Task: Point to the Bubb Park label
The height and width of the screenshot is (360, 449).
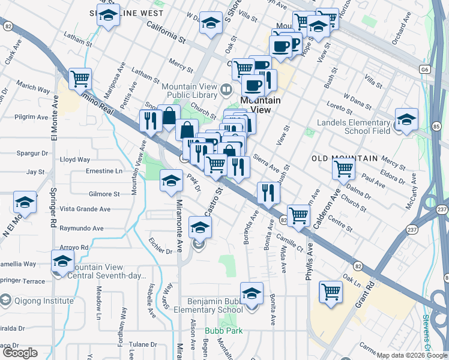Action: click(218, 331)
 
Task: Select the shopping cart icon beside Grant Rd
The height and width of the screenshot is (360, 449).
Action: click(330, 293)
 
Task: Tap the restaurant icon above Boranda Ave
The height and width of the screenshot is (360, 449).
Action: click(268, 193)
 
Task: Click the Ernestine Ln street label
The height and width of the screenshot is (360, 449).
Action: click(104, 171)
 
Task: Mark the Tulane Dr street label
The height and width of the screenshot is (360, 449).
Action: click(142, 344)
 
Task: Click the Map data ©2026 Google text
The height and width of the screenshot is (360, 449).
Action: click(412, 355)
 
